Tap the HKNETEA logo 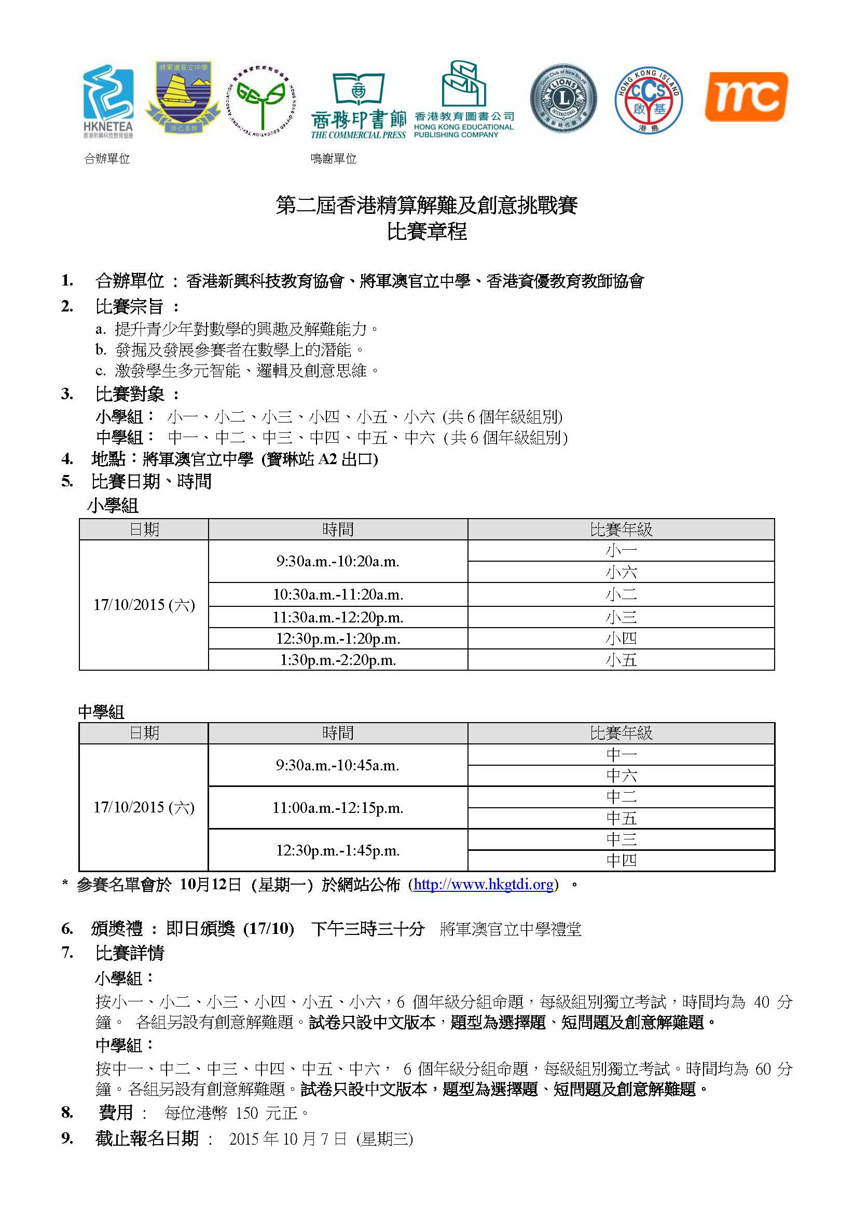108,101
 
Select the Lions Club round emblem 563,99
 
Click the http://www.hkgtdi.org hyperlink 483,885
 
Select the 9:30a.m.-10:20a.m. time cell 338,561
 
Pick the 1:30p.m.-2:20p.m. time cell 338,660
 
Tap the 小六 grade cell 621,573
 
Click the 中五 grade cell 621,818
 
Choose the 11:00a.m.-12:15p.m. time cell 338,808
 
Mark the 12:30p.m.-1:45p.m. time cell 338,850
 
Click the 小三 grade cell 621,617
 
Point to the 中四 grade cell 621,861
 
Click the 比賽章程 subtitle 426,232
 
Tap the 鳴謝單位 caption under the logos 334,159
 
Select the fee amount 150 246,1113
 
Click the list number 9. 66,1138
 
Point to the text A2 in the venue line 327,459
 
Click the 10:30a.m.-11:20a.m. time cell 338,594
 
